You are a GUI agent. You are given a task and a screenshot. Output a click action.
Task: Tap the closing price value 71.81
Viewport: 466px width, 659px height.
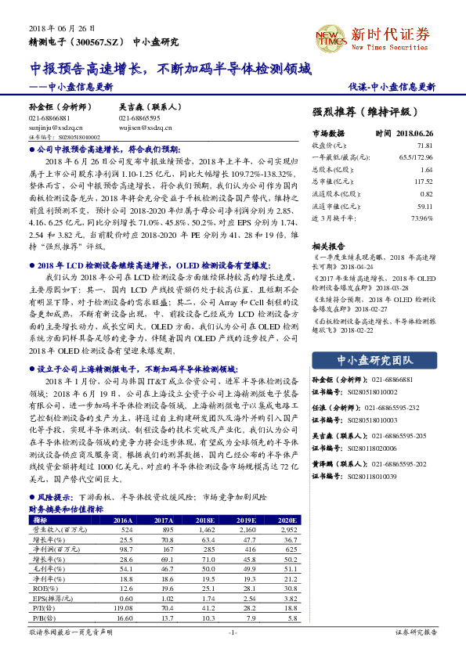[x=424, y=146]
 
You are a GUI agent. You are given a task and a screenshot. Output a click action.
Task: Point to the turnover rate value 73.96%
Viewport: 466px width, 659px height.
[x=421, y=217]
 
